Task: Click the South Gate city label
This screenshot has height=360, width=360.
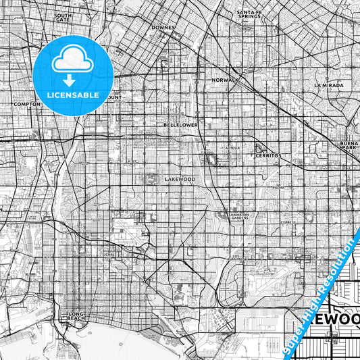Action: pos(63,17)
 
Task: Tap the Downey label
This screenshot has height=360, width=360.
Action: pos(163,28)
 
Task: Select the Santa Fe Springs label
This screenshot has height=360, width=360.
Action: pos(249,15)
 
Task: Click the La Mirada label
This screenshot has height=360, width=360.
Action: pos(328,86)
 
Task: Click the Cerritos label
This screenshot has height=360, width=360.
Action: pos(267,155)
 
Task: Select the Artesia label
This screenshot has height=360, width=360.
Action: pos(233,147)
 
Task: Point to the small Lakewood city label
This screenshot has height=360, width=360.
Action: pos(180,179)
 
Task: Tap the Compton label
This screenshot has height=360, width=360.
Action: pos(27,104)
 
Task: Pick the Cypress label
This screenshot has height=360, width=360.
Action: pos(288,222)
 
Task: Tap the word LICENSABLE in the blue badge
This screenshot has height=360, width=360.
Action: pos(72,95)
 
